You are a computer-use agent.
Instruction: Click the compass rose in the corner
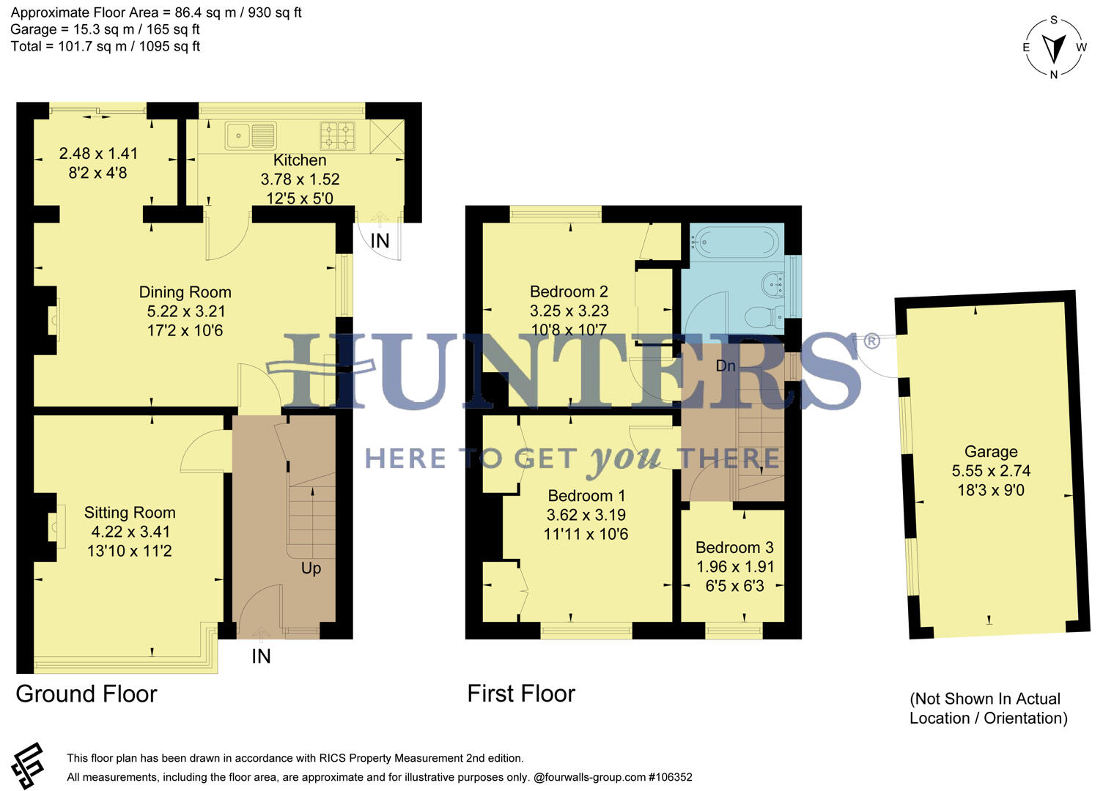click(1054, 48)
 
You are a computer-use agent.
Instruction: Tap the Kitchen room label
click(300, 160)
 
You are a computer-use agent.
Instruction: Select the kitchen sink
click(250, 136)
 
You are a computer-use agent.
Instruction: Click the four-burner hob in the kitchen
click(337, 135)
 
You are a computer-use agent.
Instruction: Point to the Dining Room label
click(185, 292)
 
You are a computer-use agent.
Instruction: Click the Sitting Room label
click(130, 513)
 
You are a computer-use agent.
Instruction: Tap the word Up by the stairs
click(311, 568)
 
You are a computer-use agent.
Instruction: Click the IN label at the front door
click(261, 656)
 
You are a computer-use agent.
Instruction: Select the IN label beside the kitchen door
click(380, 241)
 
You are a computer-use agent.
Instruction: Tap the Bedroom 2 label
click(569, 291)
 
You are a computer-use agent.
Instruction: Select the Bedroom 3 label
click(734, 548)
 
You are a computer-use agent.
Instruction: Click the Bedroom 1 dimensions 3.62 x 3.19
click(586, 515)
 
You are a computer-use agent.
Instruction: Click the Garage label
click(990, 452)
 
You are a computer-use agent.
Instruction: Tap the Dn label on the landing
click(726, 365)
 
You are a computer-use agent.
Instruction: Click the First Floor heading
click(521, 694)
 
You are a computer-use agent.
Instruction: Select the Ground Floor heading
click(86, 694)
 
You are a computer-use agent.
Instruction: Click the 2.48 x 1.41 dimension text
click(98, 154)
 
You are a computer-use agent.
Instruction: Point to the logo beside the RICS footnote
click(28, 765)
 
